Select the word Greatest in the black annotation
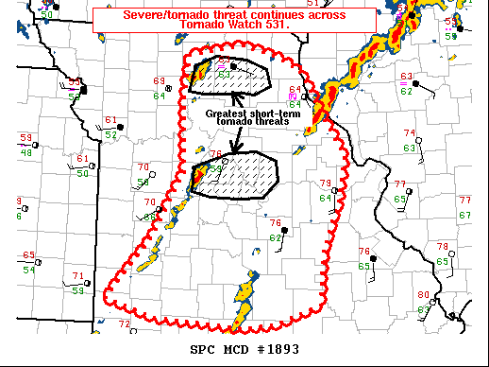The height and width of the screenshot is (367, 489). pos(225,113)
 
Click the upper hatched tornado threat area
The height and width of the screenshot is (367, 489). pos(230,78)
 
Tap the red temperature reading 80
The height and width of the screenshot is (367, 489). pos(423,295)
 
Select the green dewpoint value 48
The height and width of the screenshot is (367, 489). pos(26,152)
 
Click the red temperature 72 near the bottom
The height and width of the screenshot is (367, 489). pos(124,323)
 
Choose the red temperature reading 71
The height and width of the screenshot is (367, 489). pos(77,276)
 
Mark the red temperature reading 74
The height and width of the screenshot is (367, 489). pos(409,133)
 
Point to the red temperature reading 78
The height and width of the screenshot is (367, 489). pos(442,247)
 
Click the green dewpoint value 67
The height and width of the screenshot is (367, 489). pos(464,215)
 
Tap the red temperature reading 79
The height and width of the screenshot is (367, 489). pos(325,183)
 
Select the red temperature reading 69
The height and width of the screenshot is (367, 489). pos(159,81)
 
